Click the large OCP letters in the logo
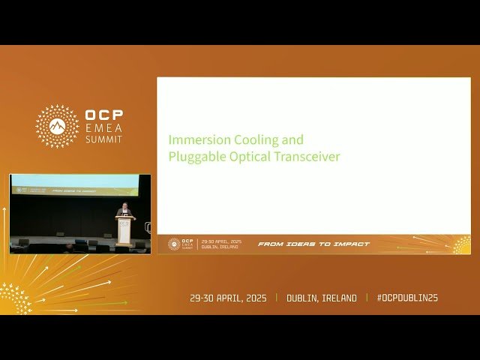click(103, 116)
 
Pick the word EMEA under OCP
click(103, 128)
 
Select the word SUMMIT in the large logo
click(103, 139)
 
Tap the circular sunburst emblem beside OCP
click(57, 126)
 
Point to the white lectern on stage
click(124, 231)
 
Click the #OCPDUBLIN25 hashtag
click(406, 298)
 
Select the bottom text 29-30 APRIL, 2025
click(228, 298)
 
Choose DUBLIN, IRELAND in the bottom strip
click(322, 298)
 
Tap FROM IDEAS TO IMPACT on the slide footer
click(313, 244)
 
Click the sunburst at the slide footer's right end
click(460, 244)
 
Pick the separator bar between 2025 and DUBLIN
click(276, 298)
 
